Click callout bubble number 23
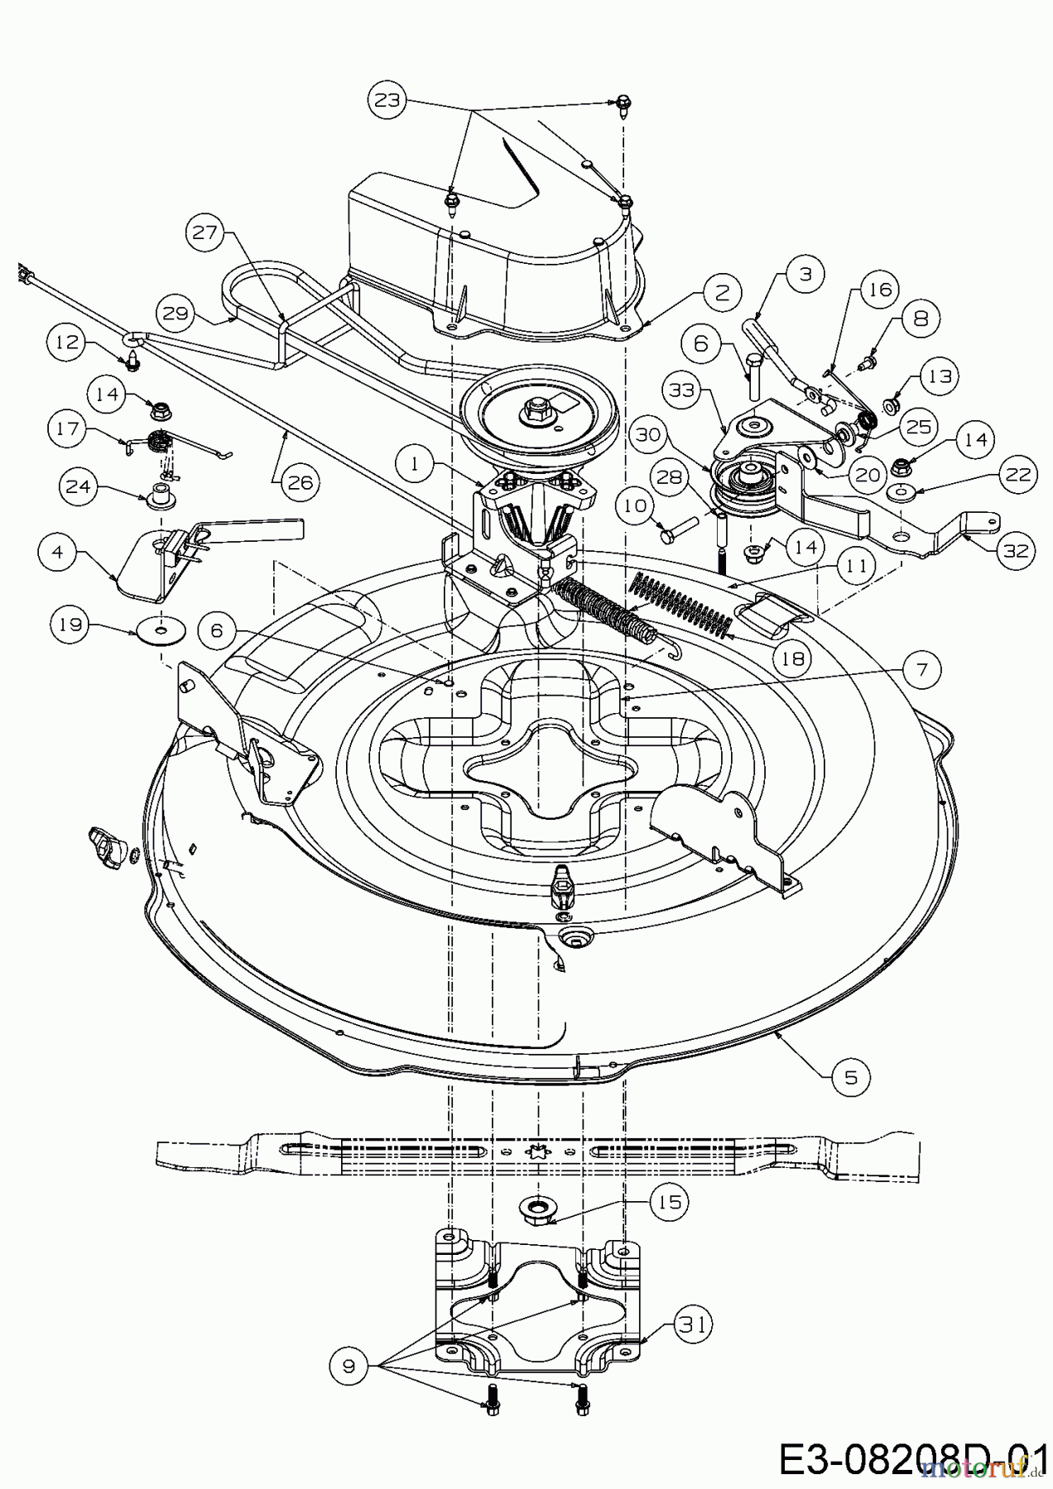(387, 101)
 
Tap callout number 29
(175, 314)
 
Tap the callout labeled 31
(692, 1324)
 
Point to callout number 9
(349, 1366)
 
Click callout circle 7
(921, 668)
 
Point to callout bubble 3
(805, 274)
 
